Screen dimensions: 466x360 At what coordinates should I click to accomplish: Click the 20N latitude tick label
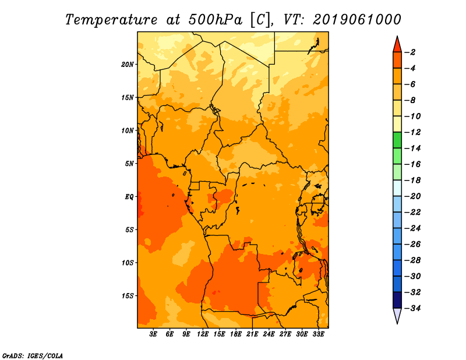(128, 65)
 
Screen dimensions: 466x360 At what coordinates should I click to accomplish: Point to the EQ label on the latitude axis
(129, 197)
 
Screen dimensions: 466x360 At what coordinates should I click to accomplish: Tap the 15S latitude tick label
(128, 296)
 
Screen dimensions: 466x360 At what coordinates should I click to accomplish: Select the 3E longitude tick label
(153, 334)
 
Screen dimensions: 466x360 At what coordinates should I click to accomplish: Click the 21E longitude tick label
(252, 334)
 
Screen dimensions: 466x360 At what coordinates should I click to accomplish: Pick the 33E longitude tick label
(318, 334)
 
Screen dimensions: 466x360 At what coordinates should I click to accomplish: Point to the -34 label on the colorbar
(412, 308)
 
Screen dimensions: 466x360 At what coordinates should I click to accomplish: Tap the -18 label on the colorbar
(412, 181)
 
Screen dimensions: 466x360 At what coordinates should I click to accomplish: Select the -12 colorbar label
(412, 132)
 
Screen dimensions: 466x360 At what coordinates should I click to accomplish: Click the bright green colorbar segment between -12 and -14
(397, 140)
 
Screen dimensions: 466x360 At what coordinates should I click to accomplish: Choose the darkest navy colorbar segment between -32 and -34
(397, 300)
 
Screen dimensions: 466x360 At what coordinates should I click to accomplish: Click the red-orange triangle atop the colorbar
(397, 45)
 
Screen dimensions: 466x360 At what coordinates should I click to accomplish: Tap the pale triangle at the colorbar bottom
(397, 315)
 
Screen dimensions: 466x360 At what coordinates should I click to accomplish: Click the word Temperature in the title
(111, 20)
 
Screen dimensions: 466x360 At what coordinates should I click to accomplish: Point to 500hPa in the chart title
(215, 20)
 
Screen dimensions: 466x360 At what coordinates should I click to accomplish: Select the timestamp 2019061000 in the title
(357, 20)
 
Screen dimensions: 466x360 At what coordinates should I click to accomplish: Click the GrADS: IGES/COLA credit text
(33, 356)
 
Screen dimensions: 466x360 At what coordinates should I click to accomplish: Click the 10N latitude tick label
(128, 131)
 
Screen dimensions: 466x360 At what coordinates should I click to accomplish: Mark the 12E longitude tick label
(203, 334)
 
